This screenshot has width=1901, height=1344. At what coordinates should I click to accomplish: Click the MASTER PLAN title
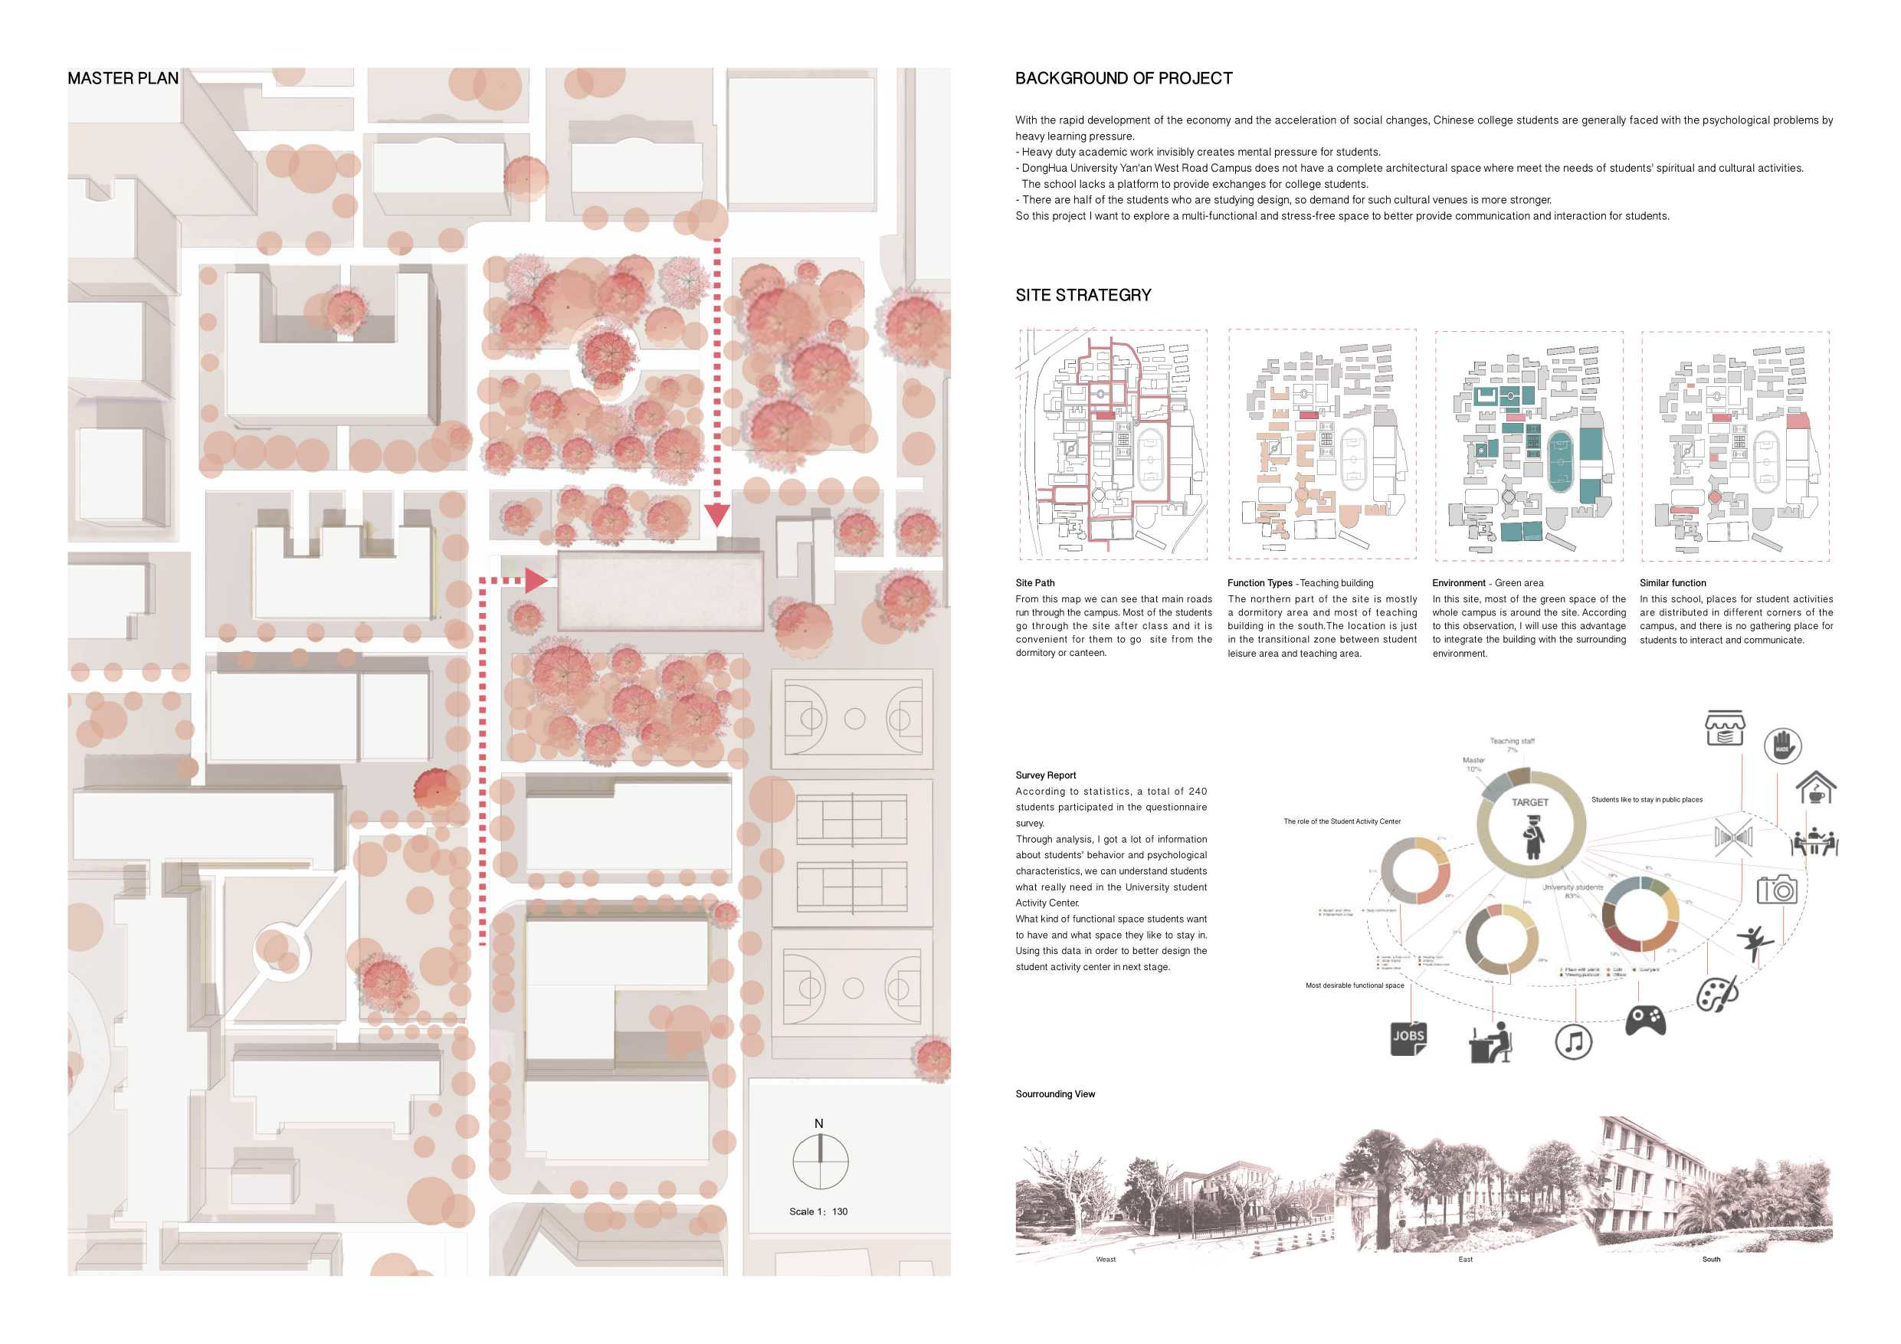pyautogui.click(x=123, y=79)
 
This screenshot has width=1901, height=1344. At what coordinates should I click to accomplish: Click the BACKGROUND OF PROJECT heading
pyautogui.click(x=1123, y=79)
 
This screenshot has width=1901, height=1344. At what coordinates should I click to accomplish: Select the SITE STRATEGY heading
pyautogui.click(x=1083, y=296)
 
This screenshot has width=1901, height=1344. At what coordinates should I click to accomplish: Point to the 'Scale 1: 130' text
pyautogui.click(x=818, y=1211)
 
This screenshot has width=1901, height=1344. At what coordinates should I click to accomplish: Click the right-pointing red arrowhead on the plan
pyautogui.click(x=536, y=581)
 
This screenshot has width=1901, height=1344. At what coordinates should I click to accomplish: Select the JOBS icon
pyautogui.click(x=1408, y=1038)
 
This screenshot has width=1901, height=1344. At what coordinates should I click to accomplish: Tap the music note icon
pyautogui.click(x=1573, y=1042)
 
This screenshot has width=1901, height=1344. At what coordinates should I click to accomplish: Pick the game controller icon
pyautogui.click(x=1645, y=1020)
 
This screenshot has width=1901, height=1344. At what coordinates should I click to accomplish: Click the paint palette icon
pyautogui.click(x=1717, y=994)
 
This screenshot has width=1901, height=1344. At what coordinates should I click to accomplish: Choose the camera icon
pyautogui.click(x=1777, y=890)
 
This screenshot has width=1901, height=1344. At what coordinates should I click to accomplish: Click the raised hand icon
pyautogui.click(x=1782, y=746)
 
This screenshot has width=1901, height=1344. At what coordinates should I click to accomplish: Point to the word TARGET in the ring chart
pyautogui.click(x=1530, y=802)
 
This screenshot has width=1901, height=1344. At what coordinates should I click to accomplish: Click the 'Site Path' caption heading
pyautogui.click(x=1035, y=583)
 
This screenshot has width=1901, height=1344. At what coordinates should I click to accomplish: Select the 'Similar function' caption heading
pyautogui.click(x=1673, y=583)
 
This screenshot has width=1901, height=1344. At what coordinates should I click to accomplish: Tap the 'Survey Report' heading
pyautogui.click(x=1046, y=775)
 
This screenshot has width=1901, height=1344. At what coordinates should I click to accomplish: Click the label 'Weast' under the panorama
pyautogui.click(x=1106, y=1260)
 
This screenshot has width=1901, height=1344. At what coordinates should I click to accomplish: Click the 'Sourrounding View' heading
pyautogui.click(x=1055, y=1094)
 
